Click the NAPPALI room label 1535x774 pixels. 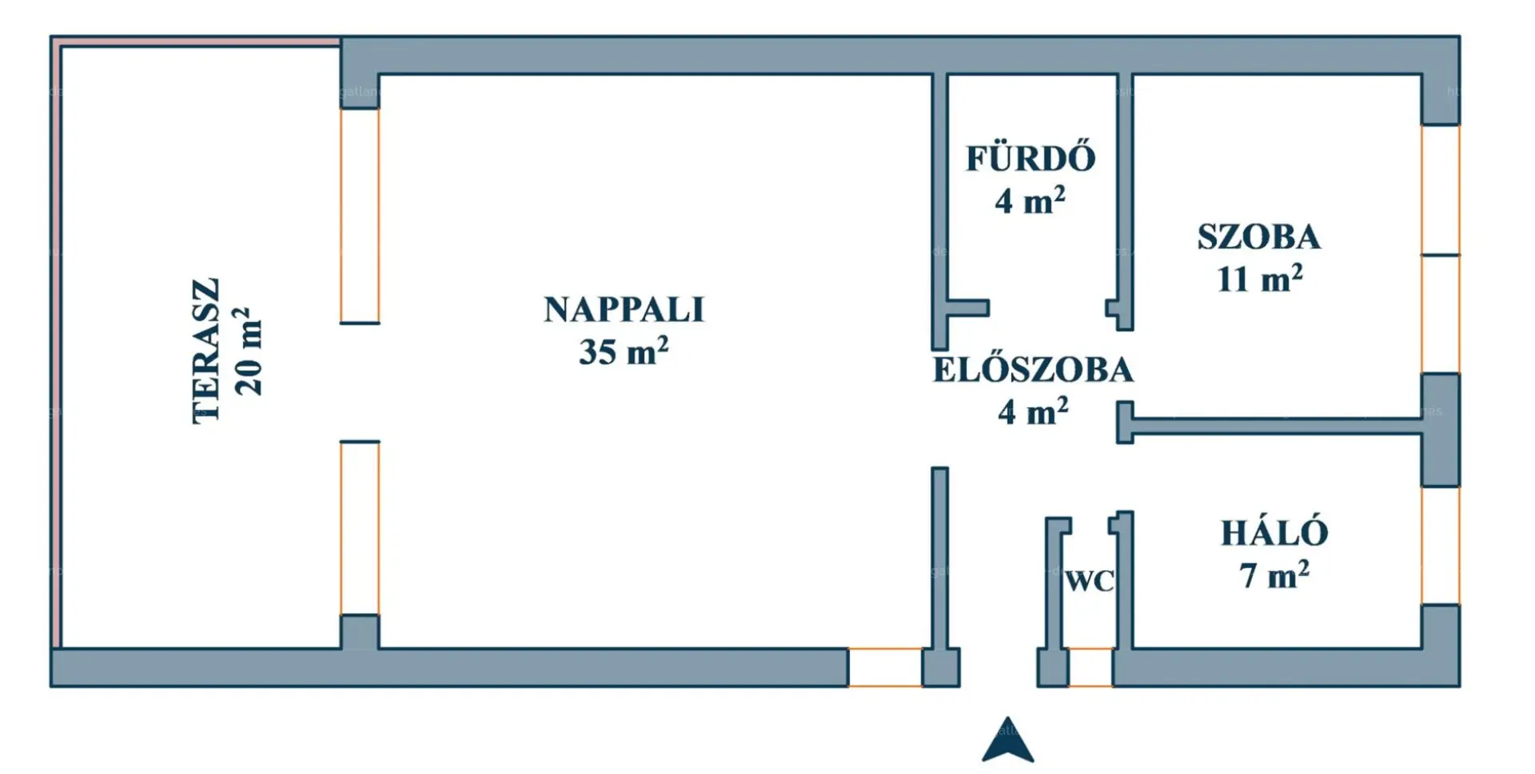point(624,310)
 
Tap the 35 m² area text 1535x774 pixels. point(624,351)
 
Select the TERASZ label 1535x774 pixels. point(205,351)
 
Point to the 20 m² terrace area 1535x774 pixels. point(247,351)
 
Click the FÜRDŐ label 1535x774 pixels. point(1031,157)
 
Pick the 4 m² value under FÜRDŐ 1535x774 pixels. point(1030,200)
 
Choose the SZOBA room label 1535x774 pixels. point(1259,237)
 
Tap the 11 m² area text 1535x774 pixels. point(1259,279)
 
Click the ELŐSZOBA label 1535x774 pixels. point(1033,370)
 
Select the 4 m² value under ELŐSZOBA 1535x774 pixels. point(1033,412)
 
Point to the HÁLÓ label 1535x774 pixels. point(1274,533)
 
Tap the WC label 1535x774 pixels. point(1090,581)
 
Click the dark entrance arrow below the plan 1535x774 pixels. point(1008,740)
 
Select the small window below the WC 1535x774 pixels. point(1090,667)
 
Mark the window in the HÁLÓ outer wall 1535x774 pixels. point(1441,546)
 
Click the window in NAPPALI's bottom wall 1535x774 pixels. point(885,667)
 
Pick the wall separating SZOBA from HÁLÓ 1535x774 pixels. point(1277,426)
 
